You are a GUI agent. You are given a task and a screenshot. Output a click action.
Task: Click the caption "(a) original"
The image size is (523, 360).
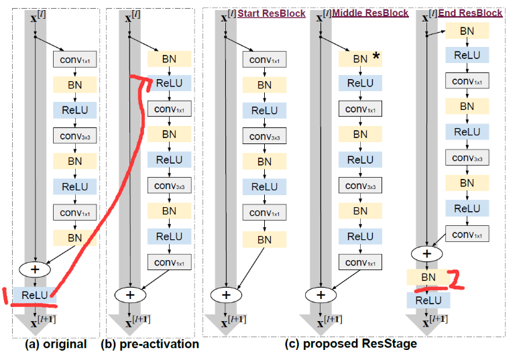(56, 345)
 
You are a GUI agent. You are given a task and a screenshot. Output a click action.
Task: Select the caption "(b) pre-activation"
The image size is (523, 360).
(149, 345)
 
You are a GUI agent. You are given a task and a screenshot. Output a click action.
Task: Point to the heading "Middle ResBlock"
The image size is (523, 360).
(372, 13)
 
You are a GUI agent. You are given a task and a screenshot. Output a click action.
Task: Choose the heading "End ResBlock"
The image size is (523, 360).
(470, 13)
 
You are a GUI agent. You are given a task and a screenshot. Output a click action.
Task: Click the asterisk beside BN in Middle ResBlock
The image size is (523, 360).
(376, 58)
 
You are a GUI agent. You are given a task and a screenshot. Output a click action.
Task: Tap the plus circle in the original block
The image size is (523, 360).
(37, 268)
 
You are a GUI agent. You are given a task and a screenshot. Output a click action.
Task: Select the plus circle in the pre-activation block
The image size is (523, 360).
(131, 294)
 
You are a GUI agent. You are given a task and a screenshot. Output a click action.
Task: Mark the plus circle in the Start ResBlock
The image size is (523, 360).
(226, 294)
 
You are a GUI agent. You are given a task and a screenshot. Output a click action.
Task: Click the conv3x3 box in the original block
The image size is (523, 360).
(76, 135)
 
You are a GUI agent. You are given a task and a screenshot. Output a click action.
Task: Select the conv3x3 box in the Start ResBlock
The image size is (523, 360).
(264, 135)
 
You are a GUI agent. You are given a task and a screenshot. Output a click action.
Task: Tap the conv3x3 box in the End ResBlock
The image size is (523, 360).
(467, 158)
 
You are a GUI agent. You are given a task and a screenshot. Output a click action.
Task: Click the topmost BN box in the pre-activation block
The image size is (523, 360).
(169, 58)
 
